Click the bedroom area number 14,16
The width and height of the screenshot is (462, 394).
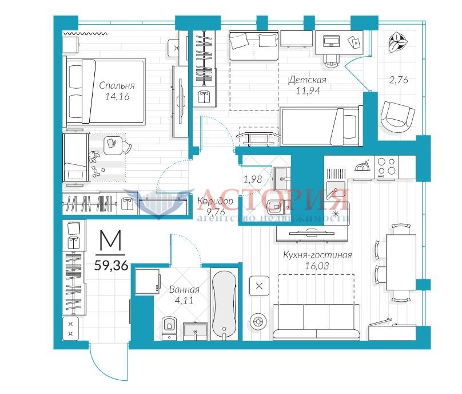pos(117,97)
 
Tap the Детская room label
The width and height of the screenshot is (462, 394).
pos(307,80)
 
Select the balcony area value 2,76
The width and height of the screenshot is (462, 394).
pos(399,80)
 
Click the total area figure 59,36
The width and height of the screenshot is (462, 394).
pos(111,266)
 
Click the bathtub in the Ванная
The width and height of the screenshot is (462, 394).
pos(224,305)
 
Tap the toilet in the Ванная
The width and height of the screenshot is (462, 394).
pos(169,328)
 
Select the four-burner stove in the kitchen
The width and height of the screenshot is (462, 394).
pos(387,167)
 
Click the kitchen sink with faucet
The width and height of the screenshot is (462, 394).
pos(336,190)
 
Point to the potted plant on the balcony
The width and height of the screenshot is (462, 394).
pos(398,42)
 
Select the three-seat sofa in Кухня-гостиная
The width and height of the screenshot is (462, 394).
pos(316,322)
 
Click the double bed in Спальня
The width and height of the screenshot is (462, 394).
pos(105,92)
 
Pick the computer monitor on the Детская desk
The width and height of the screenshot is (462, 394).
pos(331,41)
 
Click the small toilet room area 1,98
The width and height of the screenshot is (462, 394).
pos(253,179)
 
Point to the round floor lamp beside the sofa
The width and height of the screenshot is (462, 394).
pos(258,321)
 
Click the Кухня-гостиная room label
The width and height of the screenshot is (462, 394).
pos(317,255)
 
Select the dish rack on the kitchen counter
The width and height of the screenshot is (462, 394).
pos(363,166)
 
